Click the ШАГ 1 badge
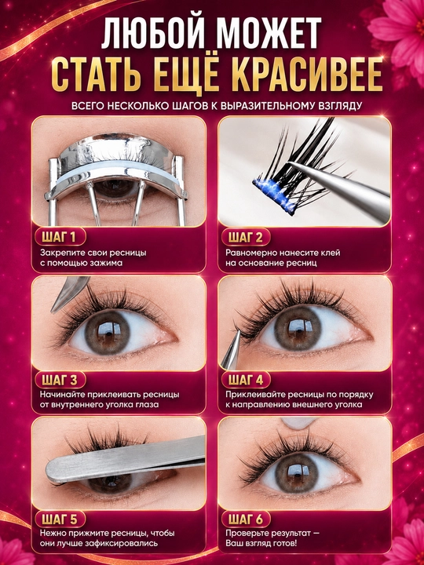click(x=60, y=237)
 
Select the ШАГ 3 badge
click(x=60, y=380)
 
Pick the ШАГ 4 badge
click(x=245, y=380)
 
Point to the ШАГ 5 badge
click(x=60, y=519)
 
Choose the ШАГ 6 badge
click(x=245, y=519)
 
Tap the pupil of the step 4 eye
click(x=297, y=327)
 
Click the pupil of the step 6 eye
click(x=297, y=472)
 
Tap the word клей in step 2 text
click(x=331, y=253)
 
